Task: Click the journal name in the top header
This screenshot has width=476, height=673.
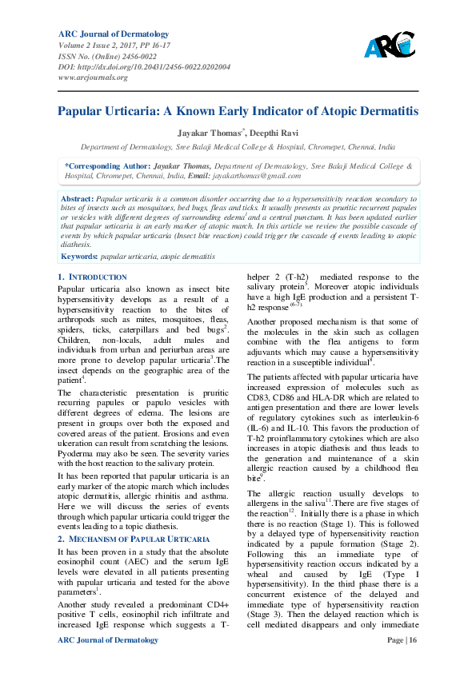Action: (x=113, y=34)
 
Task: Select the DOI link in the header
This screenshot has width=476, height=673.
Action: (x=144, y=67)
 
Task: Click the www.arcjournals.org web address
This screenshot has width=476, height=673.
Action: (x=93, y=78)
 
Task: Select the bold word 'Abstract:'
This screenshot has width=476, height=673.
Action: (x=78, y=197)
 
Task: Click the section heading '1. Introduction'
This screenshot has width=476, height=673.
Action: (x=93, y=277)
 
